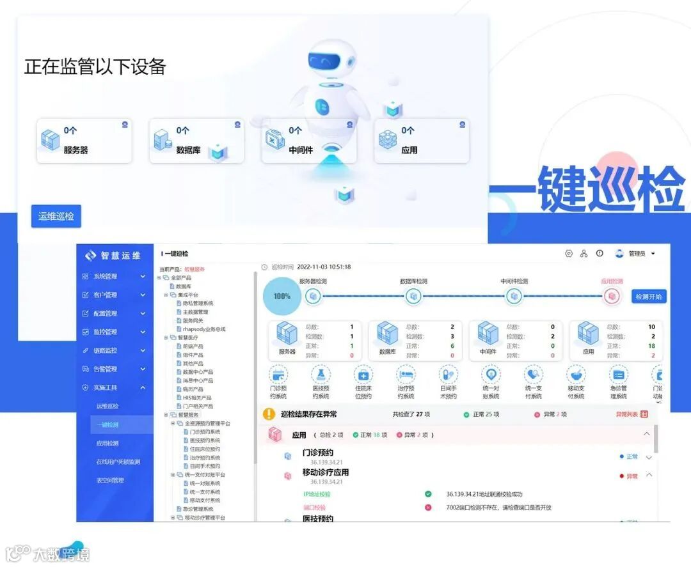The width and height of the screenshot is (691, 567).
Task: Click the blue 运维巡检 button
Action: (x=56, y=216)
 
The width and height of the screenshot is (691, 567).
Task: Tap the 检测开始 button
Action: (x=649, y=297)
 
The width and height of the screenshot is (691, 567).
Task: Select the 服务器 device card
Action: (x=84, y=141)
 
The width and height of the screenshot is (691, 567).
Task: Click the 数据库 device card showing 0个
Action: (x=196, y=141)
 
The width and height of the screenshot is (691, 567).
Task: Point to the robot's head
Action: (x=330, y=61)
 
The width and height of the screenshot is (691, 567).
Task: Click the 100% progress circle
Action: (x=282, y=297)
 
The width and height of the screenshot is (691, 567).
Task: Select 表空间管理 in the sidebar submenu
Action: (x=110, y=480)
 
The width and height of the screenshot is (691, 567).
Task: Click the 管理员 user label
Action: (x=637, y=254)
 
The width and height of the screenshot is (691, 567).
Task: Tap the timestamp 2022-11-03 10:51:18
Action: (x=324, y=267)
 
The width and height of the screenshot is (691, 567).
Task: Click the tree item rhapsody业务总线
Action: (x=204, y=329)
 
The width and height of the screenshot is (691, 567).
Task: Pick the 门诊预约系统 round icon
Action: (x=279, y=374)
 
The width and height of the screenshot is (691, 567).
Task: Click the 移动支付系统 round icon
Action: (x=576, y=374)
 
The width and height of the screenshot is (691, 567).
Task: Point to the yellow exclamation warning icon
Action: (x=269, y=414)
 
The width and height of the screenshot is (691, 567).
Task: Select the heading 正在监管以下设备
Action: (x=95, y=66)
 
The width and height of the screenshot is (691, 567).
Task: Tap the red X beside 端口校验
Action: (x=428, y=508)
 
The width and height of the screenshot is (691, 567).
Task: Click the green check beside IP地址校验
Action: (x=428, y=494)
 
